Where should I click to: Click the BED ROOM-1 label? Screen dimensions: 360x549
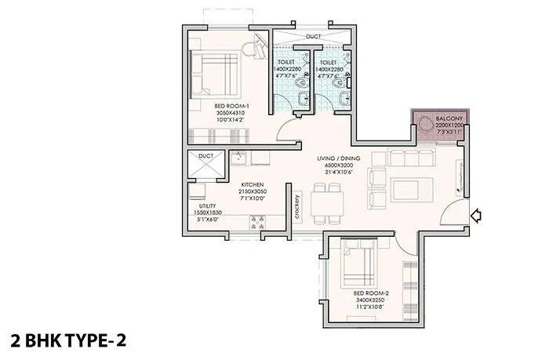click(231, 105)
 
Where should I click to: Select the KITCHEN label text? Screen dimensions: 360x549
click(251, 186)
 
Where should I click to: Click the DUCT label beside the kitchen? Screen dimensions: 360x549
click(206, 156)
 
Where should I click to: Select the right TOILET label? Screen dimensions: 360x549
click(328, 61)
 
